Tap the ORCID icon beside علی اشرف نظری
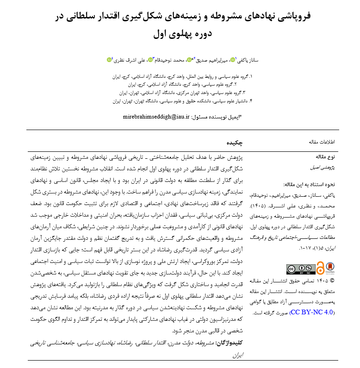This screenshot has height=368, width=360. click(x=109, y=59)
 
